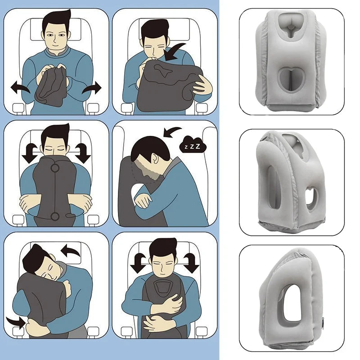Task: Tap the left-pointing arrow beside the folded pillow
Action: tap(22, 87)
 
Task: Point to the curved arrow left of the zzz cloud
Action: tap(171, 131)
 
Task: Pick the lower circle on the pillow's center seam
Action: tap(54, 216)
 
